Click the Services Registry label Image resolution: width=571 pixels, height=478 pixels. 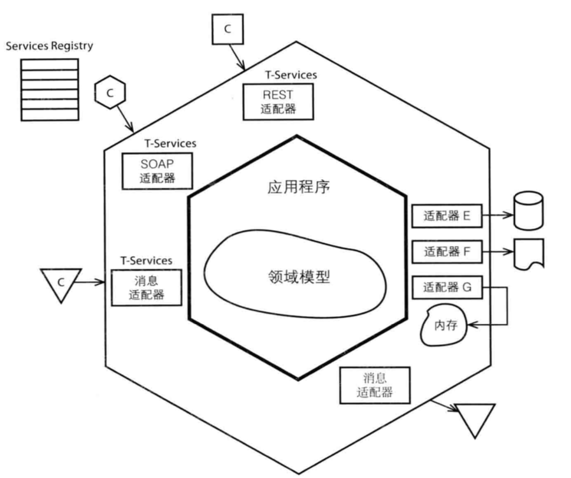pyautogui.click(x=49, y=46)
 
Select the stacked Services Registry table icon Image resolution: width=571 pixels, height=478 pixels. pyautogui.click(x=50, y=89)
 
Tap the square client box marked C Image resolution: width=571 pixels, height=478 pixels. pyautogui.click(x=228, y=29)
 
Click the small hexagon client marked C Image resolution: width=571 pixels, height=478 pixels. pyautogui.click(x=110, y=92)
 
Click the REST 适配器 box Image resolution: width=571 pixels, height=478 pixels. pyautogui.click(x=278, y=101)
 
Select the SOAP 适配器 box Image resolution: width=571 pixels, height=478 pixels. pyautogui.click(x=157, y=170)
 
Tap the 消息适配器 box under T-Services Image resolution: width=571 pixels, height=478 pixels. pyautogui.click(x=147, y=288)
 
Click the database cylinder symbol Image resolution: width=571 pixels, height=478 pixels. pyautogui.click(x=528, y=211)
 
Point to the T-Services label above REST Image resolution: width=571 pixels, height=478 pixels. pyautogui.click(x=291, y=75)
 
